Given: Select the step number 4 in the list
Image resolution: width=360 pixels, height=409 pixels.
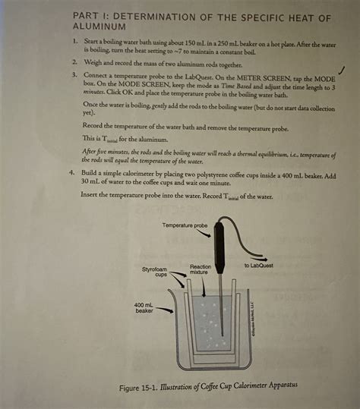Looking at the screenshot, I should (74, 174).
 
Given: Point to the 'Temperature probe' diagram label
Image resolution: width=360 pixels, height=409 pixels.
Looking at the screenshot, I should (185, 226).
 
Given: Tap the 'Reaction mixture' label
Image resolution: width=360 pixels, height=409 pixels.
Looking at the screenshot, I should (201, 269).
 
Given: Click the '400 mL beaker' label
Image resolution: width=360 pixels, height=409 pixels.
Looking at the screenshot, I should (144, 307).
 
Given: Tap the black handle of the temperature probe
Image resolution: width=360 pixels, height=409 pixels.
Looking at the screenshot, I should (219, 244).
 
